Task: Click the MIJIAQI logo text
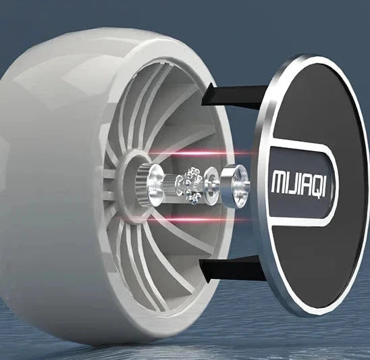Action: tap(298, 184)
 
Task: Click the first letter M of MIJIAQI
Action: tap(278, 182)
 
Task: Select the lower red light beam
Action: tap(191, 220)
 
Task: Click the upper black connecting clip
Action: tap(234, 97)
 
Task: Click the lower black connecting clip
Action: tap(232, 269)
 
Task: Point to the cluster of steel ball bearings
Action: tap(190, 184)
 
